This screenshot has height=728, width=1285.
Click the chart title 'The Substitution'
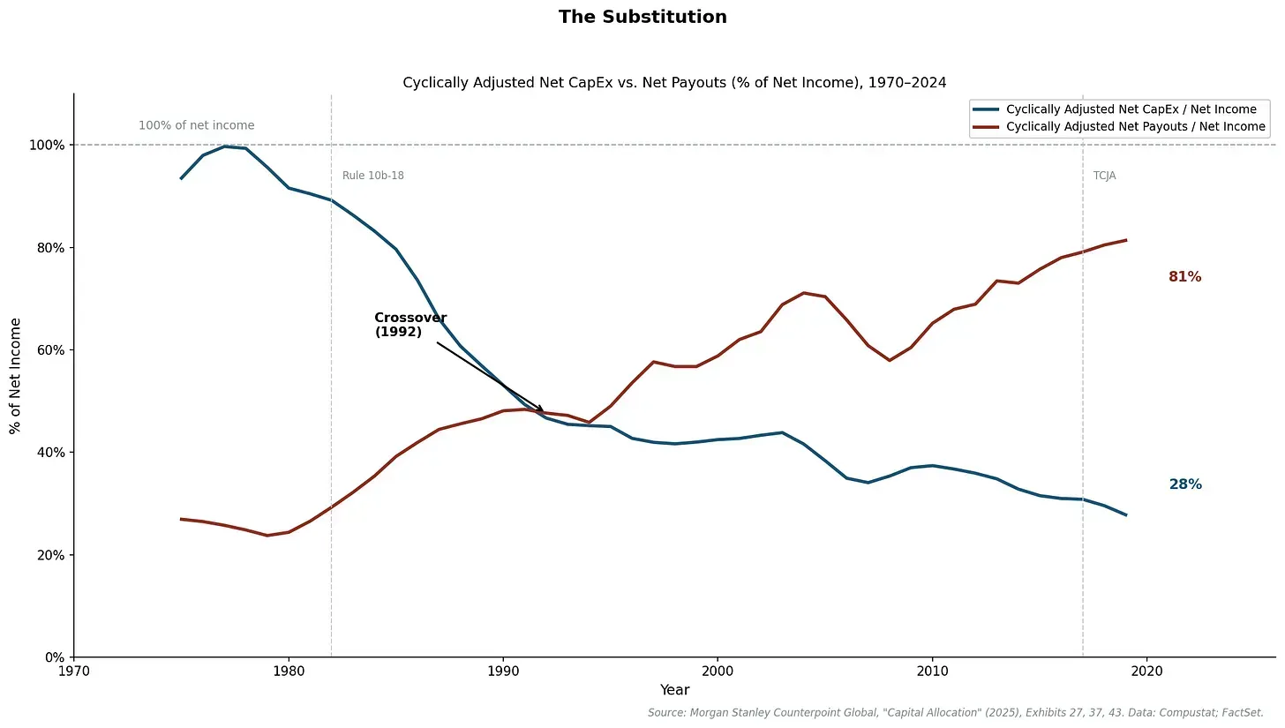(642, 17)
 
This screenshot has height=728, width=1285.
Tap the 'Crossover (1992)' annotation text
(410, 325)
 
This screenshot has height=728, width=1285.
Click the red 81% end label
(1184, 277)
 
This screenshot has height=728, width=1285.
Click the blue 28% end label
(1184, 484)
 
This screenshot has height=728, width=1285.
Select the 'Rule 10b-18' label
(372, 176)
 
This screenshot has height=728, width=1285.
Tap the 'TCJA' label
(1104, 176)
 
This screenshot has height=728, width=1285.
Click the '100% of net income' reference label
(196, 125)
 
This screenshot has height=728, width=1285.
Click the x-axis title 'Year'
(674, 690)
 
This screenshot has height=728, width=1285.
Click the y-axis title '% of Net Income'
(15, 375)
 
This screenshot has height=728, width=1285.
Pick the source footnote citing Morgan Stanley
(955, 712)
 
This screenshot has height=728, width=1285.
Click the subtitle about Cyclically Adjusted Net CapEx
(674, 83)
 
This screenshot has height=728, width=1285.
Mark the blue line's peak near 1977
(225, 146)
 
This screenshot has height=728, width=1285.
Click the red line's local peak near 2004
(803, 293)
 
